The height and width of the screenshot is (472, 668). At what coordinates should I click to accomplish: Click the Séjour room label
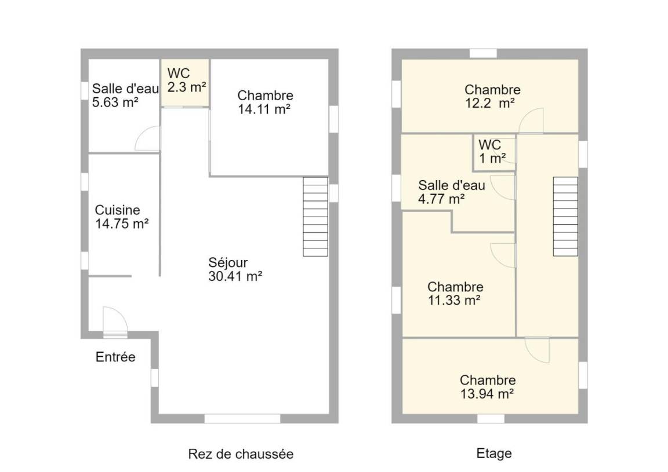228,263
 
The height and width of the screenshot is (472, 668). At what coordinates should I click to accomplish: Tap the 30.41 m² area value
235,277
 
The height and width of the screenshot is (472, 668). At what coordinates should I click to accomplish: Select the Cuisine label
117,210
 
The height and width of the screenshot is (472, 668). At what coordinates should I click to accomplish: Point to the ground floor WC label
179,73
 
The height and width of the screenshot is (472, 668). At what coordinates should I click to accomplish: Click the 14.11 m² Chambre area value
264,109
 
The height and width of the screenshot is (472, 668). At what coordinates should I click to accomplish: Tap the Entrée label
115,357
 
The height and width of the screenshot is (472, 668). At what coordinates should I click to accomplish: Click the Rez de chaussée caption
241,454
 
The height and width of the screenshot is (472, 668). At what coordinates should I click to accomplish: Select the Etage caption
494,453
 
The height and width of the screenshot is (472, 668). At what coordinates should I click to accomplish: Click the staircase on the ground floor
315,217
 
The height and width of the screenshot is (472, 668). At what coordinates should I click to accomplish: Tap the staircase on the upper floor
565,217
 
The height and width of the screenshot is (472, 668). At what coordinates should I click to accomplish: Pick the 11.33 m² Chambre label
455,287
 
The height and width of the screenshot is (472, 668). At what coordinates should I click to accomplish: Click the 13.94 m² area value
487,394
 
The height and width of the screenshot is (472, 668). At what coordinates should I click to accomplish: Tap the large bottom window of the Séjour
242,418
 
